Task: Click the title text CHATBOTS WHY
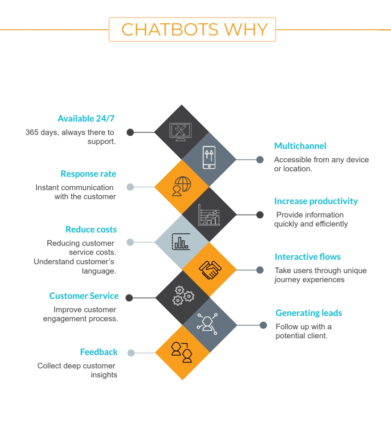point(194,30)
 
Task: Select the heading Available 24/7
point(86,119)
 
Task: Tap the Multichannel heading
point(300,146)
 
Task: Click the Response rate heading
point(88,174)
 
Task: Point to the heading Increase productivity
point(316,201)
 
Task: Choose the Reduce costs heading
point(91,230)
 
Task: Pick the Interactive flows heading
point(308,257)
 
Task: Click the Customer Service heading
point(84,296)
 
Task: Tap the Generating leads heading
point(309,313)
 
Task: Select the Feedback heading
point(99,352)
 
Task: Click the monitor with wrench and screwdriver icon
point(181,131)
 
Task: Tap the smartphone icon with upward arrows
point(209,158)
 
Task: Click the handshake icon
point(210,270)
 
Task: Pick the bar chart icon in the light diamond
point(181,242)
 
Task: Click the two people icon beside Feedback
point(182,352)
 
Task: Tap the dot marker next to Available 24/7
point(130,132)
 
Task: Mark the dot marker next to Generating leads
point(263,325)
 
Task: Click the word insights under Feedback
point(104,375)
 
